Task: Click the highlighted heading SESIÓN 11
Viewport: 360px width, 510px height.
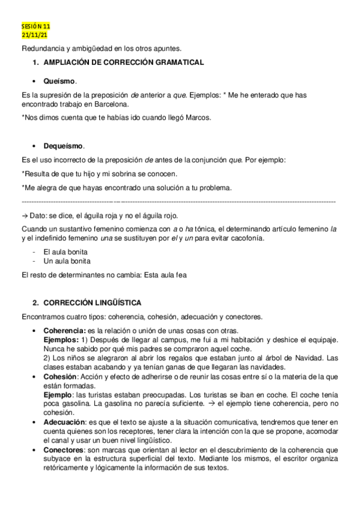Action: (35, 27)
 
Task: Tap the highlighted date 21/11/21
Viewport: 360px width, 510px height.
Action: (34, 35)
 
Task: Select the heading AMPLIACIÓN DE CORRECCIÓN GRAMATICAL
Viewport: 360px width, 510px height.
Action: (123, 63)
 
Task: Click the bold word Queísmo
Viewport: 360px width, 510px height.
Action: (59, 81)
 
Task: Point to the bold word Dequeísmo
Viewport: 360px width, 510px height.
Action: (64, 146)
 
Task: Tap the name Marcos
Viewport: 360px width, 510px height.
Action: (197, 117)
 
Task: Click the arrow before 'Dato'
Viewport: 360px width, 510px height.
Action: (24, 215)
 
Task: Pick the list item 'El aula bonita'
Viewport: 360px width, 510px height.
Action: (66, 252)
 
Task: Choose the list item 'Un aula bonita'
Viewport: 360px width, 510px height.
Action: (67, 261)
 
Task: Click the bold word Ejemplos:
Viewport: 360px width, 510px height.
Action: (61, 340)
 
